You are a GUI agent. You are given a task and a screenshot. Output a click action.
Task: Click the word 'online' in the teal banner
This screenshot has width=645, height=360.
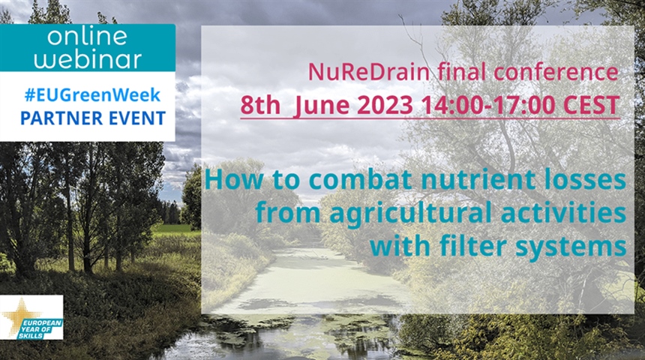88,36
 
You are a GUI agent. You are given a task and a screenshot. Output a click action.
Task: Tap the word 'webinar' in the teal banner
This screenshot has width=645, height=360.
88,59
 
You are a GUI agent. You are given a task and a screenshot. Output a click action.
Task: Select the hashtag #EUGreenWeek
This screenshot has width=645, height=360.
92,95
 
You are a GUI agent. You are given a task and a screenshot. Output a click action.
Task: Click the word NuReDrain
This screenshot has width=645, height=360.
369,72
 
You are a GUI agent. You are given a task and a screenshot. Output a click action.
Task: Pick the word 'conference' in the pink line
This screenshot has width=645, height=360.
556,72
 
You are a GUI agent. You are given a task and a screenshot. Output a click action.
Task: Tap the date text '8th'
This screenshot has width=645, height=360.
260,105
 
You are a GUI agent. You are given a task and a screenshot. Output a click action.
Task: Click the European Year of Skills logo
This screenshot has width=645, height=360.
31,317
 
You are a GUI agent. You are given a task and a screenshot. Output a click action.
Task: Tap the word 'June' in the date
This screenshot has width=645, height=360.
322,106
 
